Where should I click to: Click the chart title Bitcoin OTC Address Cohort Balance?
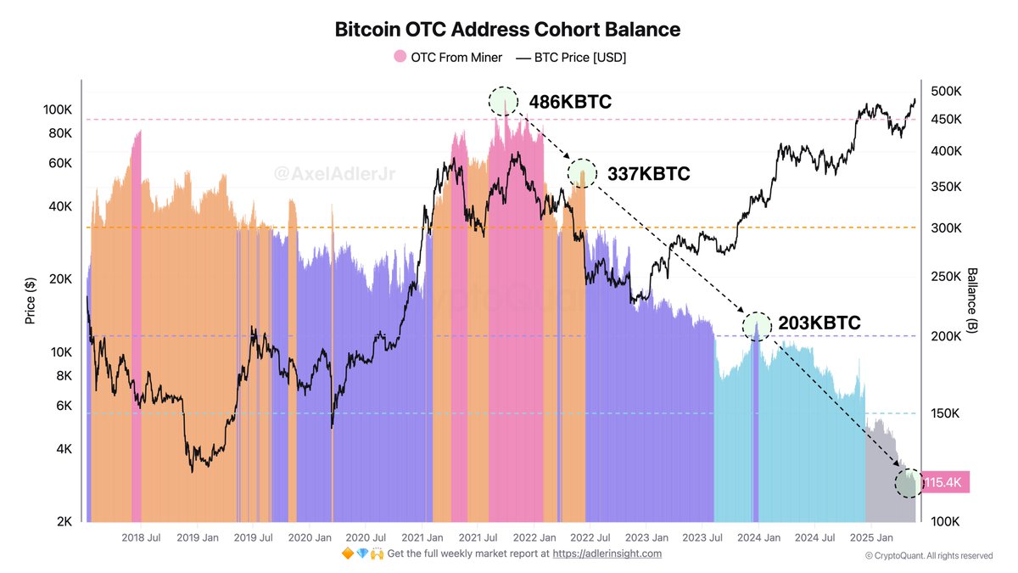coord(508,30)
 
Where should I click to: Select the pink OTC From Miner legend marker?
coord(400,58)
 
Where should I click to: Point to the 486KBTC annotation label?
coord(570,102)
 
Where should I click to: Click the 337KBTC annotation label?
coord(648,174)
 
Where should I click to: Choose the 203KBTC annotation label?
coord(819,323)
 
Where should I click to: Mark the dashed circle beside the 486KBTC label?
coord(502,101)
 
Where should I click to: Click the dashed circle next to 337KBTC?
coord(582,172)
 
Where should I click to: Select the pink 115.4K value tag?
coord(943,483)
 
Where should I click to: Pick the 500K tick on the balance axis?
coord(945,91)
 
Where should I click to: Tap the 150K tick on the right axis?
coord(945,413)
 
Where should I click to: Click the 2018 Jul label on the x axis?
coord(142,537)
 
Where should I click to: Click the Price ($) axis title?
coord(31,302)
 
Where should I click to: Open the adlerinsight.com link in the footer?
coord(607,553)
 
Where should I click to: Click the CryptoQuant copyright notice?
coord(928,556)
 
